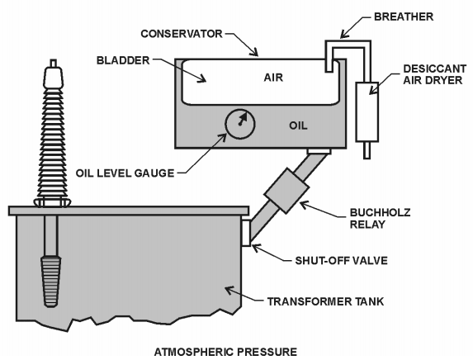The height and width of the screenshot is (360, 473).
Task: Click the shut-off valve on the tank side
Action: [245, 231]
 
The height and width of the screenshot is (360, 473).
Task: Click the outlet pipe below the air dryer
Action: [364, 149]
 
